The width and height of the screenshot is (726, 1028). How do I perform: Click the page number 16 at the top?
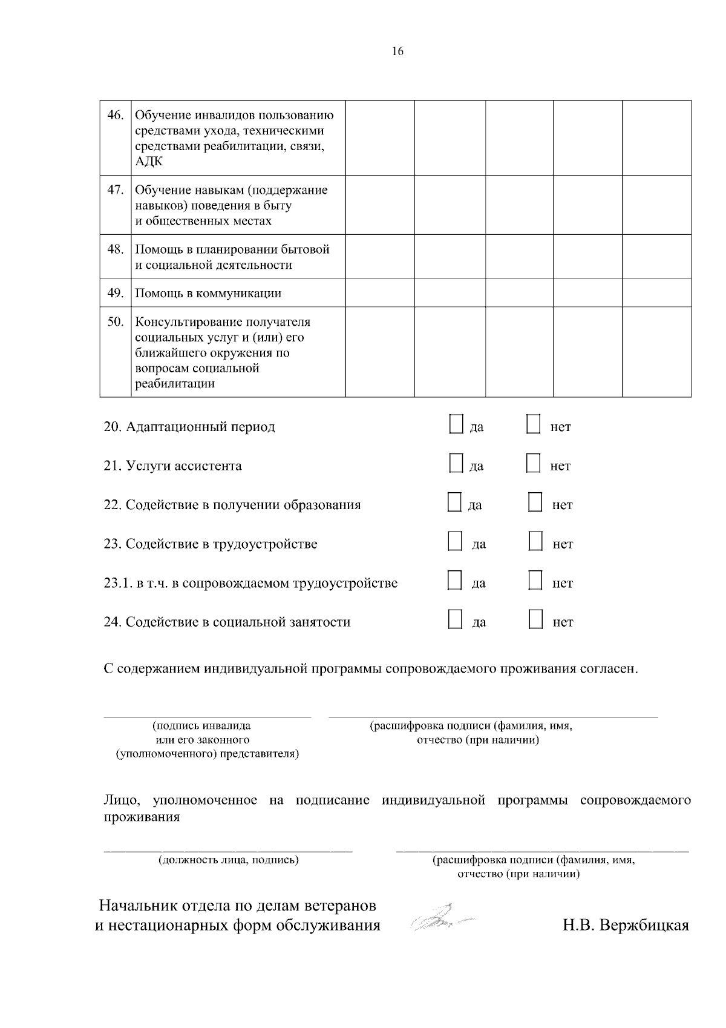click(x=397, y=51)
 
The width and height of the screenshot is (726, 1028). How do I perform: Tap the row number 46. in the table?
click(x=115, y=115)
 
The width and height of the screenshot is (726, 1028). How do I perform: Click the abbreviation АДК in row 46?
click(x=149, y=162)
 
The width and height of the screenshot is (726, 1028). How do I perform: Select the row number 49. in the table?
click(x=115, y=293)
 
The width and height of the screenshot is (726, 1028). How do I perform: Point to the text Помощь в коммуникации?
click(x=208, y=294)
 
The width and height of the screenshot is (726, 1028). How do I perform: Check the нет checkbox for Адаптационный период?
click(x=533, y=424)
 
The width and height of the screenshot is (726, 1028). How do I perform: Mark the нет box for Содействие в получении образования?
click(x=535, y=502)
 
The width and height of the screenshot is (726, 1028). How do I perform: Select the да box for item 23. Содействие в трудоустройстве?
click(x=455, y=541)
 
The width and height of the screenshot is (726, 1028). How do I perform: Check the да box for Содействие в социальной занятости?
click(x=455, y=619)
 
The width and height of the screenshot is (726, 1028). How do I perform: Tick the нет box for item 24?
click(x=535, y=619)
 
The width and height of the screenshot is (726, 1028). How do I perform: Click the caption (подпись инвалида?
click(x=201, y=726)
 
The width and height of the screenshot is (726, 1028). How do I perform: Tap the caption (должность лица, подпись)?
click(x=228, y=860)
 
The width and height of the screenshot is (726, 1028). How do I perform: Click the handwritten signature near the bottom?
click(x=440, y=918)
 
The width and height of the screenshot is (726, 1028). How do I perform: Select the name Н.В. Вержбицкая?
click(x=626, y=926)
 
